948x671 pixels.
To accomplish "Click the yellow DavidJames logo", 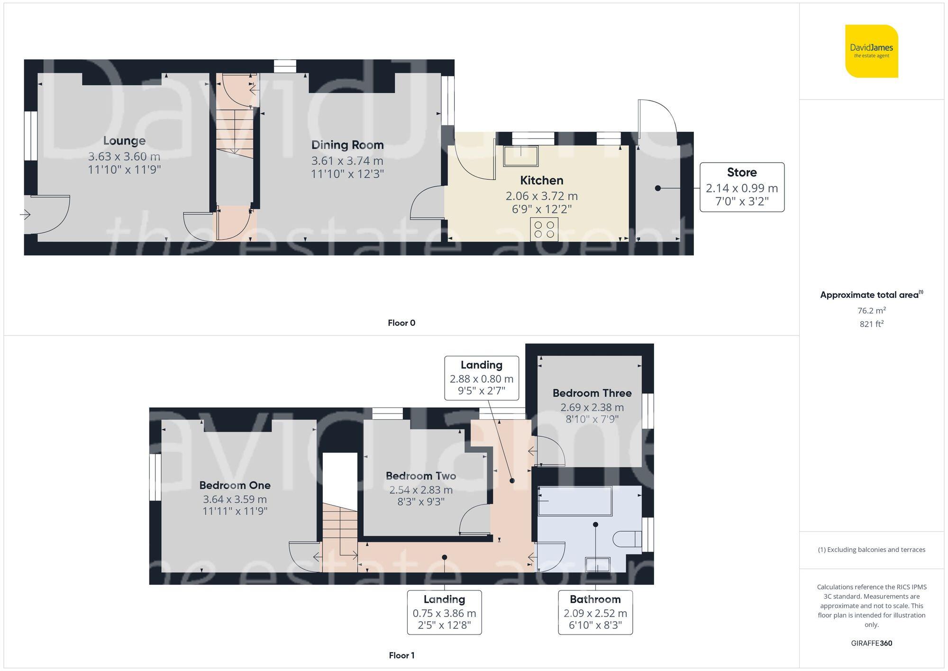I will point(871,51).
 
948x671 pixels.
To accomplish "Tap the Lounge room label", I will point(124,141).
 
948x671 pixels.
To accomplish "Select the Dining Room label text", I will point(347,145).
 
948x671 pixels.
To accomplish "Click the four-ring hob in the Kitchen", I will point(544,230).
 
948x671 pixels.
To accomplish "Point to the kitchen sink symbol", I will point(521,156).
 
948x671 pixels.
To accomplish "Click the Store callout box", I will point(742,187).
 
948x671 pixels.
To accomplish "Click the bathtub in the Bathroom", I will point(574,501).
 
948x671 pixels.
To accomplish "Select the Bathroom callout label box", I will point(595,612).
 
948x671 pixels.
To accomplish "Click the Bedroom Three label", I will point(592,393).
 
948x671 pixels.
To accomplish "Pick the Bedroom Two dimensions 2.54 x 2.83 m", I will point(421,490).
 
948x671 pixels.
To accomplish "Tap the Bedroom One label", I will point(235,485).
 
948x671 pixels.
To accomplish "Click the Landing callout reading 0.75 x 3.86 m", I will point(444,612).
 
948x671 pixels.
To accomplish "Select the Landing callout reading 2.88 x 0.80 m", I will point(482,378).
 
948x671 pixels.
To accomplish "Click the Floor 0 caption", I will point(401,323).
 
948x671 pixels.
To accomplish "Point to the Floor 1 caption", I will point(401,655).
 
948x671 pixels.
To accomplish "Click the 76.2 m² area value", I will point(871,311).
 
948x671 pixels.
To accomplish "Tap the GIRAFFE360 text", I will point(871,643).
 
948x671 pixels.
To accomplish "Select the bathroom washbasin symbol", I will point(597,564).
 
